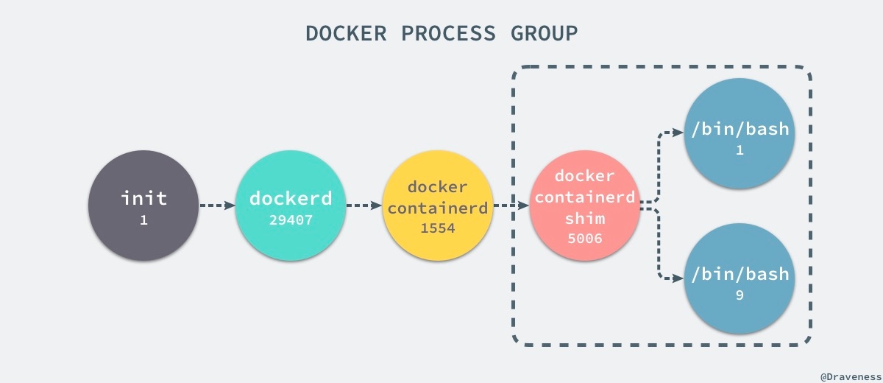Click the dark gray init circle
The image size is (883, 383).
click(x=143, y=205)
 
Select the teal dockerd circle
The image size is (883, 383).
click(x=291, y=205)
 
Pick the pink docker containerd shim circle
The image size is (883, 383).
click(x=585, y=205)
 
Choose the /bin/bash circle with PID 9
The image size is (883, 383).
click(x=740, y=281)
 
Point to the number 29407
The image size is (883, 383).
click(x=291, y=220)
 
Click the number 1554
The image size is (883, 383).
click(x=438, y=228)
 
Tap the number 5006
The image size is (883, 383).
click(x=584, y=239)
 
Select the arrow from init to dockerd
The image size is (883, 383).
click(x=217, y=205)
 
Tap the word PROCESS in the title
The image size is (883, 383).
click(x=450, y=34)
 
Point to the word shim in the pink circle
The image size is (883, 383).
click(x=584, y=219)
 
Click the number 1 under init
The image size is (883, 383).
click(x=143, y=220)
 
